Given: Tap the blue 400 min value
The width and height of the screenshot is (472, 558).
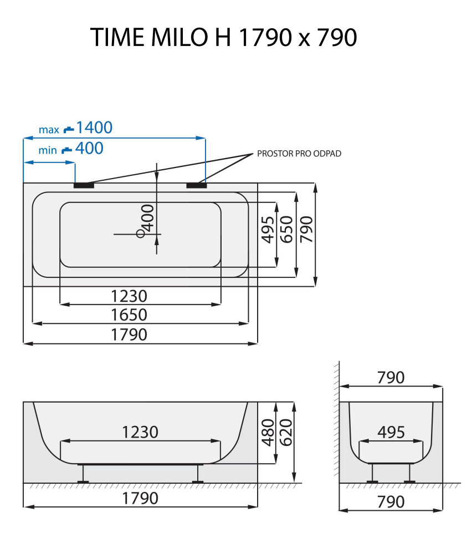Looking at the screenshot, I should coord(89,148).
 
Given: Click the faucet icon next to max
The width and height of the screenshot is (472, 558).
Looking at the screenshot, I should coord(68,129).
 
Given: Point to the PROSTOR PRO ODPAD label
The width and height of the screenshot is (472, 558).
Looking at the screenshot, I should coord(299,154).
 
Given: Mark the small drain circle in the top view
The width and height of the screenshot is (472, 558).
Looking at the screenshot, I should coord(141,234).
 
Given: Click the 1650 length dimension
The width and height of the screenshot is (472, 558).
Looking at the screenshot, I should coord(129,315).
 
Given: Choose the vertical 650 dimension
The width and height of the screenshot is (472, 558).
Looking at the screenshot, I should coord(286,229).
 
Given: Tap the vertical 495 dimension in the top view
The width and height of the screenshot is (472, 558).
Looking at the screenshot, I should coord(268,229).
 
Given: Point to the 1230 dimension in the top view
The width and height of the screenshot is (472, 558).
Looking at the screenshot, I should coord(129,296).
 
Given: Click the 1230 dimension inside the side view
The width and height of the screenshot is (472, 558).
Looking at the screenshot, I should coord(140,432).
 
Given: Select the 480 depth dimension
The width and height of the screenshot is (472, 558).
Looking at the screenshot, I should coord(268,433).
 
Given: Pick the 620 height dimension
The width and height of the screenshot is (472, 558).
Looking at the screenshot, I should coord(286,433).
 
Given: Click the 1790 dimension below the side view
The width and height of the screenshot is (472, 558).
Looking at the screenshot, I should coord(140,498).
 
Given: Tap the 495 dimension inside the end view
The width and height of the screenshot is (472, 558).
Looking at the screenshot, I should coord(391,432).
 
